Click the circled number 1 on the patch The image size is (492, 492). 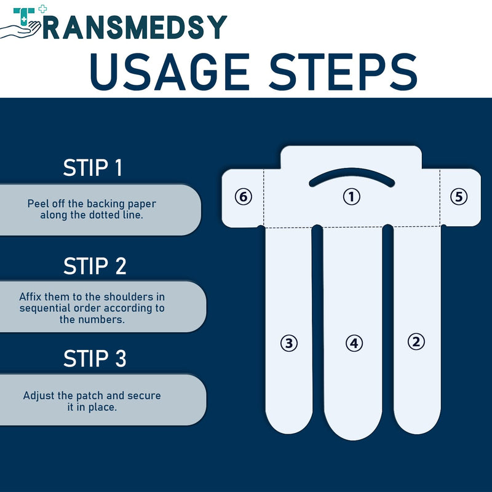[351, 197]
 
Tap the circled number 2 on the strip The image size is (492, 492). [416, 341]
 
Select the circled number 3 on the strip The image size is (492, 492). [288, 343]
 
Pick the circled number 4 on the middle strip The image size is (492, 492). [354, 343]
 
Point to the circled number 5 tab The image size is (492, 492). [459, 197]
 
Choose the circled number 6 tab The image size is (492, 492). [244, 197]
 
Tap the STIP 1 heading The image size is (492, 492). [93, 168]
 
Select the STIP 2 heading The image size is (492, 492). [95, 266]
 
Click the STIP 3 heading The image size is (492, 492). [95, 359]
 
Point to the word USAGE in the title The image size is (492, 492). [170, 72]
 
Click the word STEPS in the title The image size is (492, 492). [344, 72]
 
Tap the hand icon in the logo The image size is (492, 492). [21, 30]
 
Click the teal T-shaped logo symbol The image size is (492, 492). [24, 17]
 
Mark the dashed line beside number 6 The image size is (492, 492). [264, 198]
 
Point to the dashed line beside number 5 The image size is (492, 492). [440, 198]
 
